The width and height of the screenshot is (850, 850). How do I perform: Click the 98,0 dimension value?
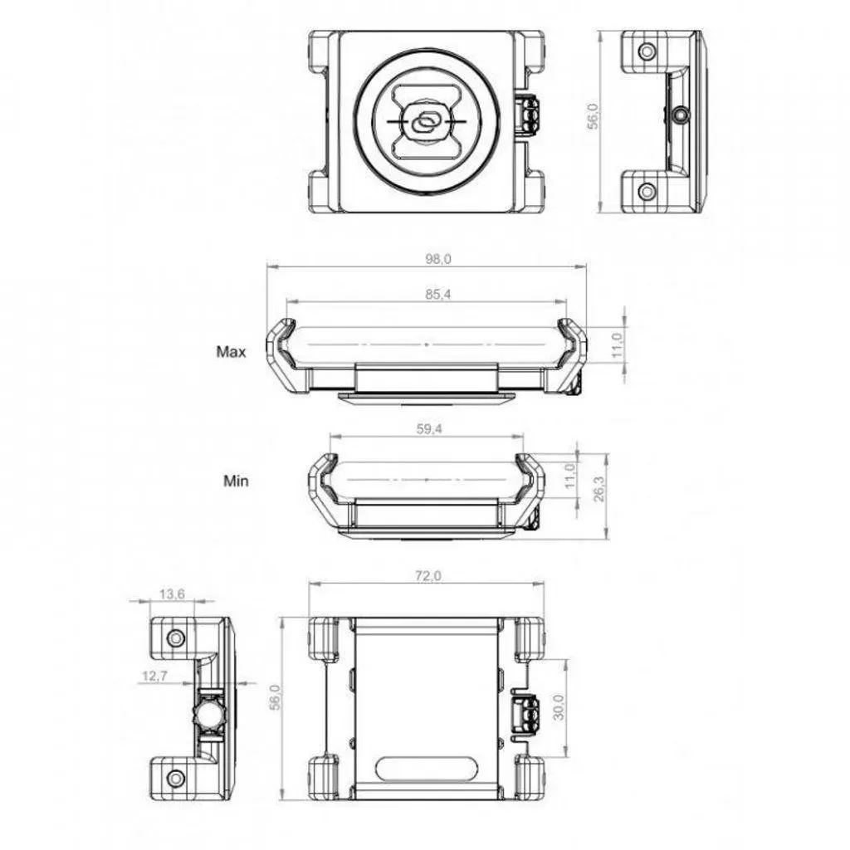coord(438,259)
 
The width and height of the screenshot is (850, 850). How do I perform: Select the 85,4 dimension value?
coord(438,295)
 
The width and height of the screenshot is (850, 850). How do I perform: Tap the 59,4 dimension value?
coord(429,429)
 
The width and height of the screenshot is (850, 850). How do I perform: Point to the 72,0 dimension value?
coord(428,576)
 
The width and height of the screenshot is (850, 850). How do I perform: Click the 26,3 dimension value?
coord(599,489)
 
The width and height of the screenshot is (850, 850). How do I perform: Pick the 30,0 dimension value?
coord(559,707)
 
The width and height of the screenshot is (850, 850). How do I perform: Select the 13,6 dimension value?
coord(172,594)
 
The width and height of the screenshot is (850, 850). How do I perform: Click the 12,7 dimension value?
coord(155,676)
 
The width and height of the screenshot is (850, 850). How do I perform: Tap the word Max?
coord(231,352)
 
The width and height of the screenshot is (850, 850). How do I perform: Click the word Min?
coord(236,481)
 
